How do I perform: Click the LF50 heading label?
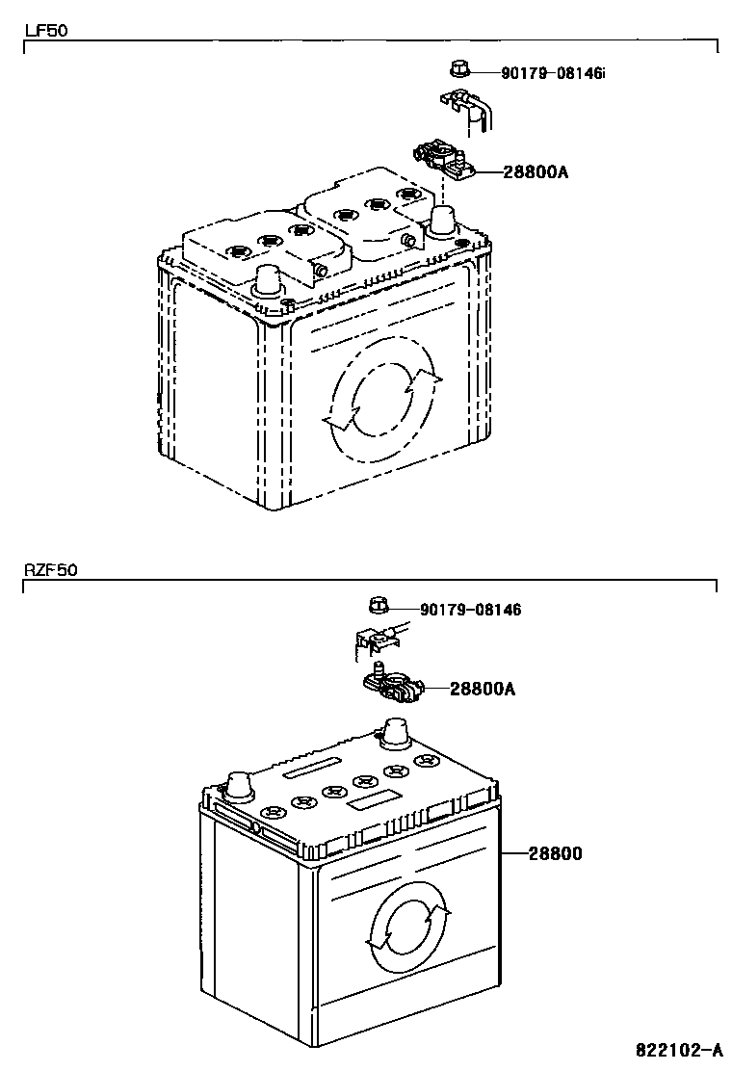coord(45,30)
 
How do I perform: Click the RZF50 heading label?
coord(50,569)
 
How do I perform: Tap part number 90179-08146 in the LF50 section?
coord(552,72)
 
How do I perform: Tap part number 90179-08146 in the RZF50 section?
coord(470,610)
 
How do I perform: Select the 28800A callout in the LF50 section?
coord(536,172)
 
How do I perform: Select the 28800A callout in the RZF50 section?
coord(483,689)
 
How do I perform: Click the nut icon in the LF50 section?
coord(458,68)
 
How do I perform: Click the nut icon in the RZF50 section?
coord(379,606)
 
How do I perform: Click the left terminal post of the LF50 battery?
coord(268,280)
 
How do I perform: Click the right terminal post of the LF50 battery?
coord(442,220)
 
